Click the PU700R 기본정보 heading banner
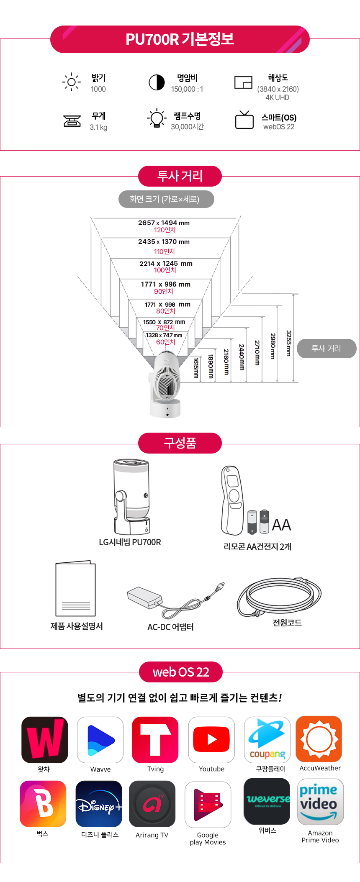pyautogui.click(x=180, y=39)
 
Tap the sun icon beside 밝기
pyautogui.click(x=72, y=82)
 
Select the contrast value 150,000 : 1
pyautogui.click(x=187, y=89)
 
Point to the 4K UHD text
pyautogui.click(x=278, y=97)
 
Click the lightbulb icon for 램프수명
pyautogui.click(x=157, y=118)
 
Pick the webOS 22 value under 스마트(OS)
pyautogui.click(x=279, y=127)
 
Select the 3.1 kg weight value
pyautogui.click(x=98, y=127)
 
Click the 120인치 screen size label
pyautogui.click(x=165, y=230)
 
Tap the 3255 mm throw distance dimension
pyautogui.click(x=288, y=343)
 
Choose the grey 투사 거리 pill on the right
pyautogui.click(x=327, y=349)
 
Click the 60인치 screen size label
pyautogui.click(x=166, y=342)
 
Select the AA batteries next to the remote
pyautogui.click(x=258, y=522)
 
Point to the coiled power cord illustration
pyautogui.click(x=279, y=596)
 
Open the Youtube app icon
pyautogui.click(x=211, y=740)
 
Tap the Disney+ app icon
pyautogui.click(x=99, y=804)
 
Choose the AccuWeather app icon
pyautogui.click(x=319, y=739)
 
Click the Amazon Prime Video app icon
pyautogui.click(x=320, y=802)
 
